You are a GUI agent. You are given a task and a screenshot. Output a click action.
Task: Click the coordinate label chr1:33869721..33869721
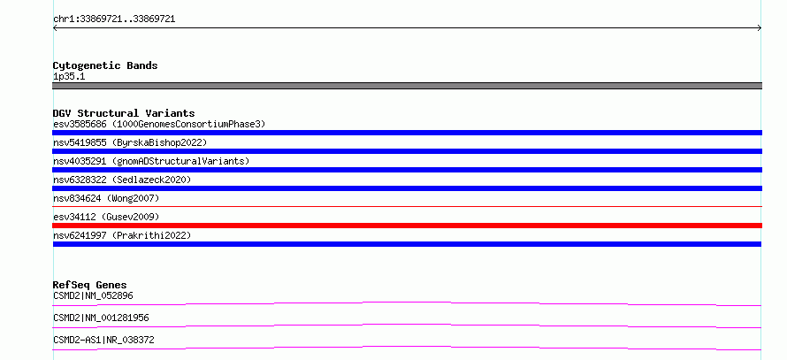[114, 19]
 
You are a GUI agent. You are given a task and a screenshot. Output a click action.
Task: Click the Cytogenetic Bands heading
[105, 65]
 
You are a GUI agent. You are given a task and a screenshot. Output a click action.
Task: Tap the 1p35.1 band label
[69, 76]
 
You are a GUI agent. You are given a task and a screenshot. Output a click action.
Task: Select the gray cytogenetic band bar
[407, 86]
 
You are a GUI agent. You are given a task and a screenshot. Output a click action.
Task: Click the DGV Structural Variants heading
[124, 113]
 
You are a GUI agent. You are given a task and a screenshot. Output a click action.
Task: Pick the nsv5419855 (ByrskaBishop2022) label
[130, 142]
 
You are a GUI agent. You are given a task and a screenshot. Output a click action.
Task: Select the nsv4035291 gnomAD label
[151, 161]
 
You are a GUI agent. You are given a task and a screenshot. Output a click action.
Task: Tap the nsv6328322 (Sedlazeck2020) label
[122, 180]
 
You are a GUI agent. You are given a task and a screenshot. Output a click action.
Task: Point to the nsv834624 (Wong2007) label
[106, 198]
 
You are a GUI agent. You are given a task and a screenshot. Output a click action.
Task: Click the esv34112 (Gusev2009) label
[106, 217]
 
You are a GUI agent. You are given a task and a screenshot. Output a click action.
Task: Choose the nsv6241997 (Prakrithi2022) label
[122, 235]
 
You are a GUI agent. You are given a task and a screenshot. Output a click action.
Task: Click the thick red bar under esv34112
[407, 226]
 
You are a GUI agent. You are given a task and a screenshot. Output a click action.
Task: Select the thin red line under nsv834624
[407, 206]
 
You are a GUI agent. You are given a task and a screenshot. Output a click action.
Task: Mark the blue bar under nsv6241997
[407, 244]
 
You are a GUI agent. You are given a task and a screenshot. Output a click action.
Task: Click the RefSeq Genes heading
[89, 285]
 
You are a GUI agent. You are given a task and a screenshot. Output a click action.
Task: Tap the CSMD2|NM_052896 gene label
[93, 295]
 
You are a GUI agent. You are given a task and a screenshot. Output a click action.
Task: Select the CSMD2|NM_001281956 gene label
[101, 318]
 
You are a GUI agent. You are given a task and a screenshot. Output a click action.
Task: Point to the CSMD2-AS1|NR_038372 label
[103, 340]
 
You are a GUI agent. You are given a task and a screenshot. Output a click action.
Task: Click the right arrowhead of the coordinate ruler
[760, 28]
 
